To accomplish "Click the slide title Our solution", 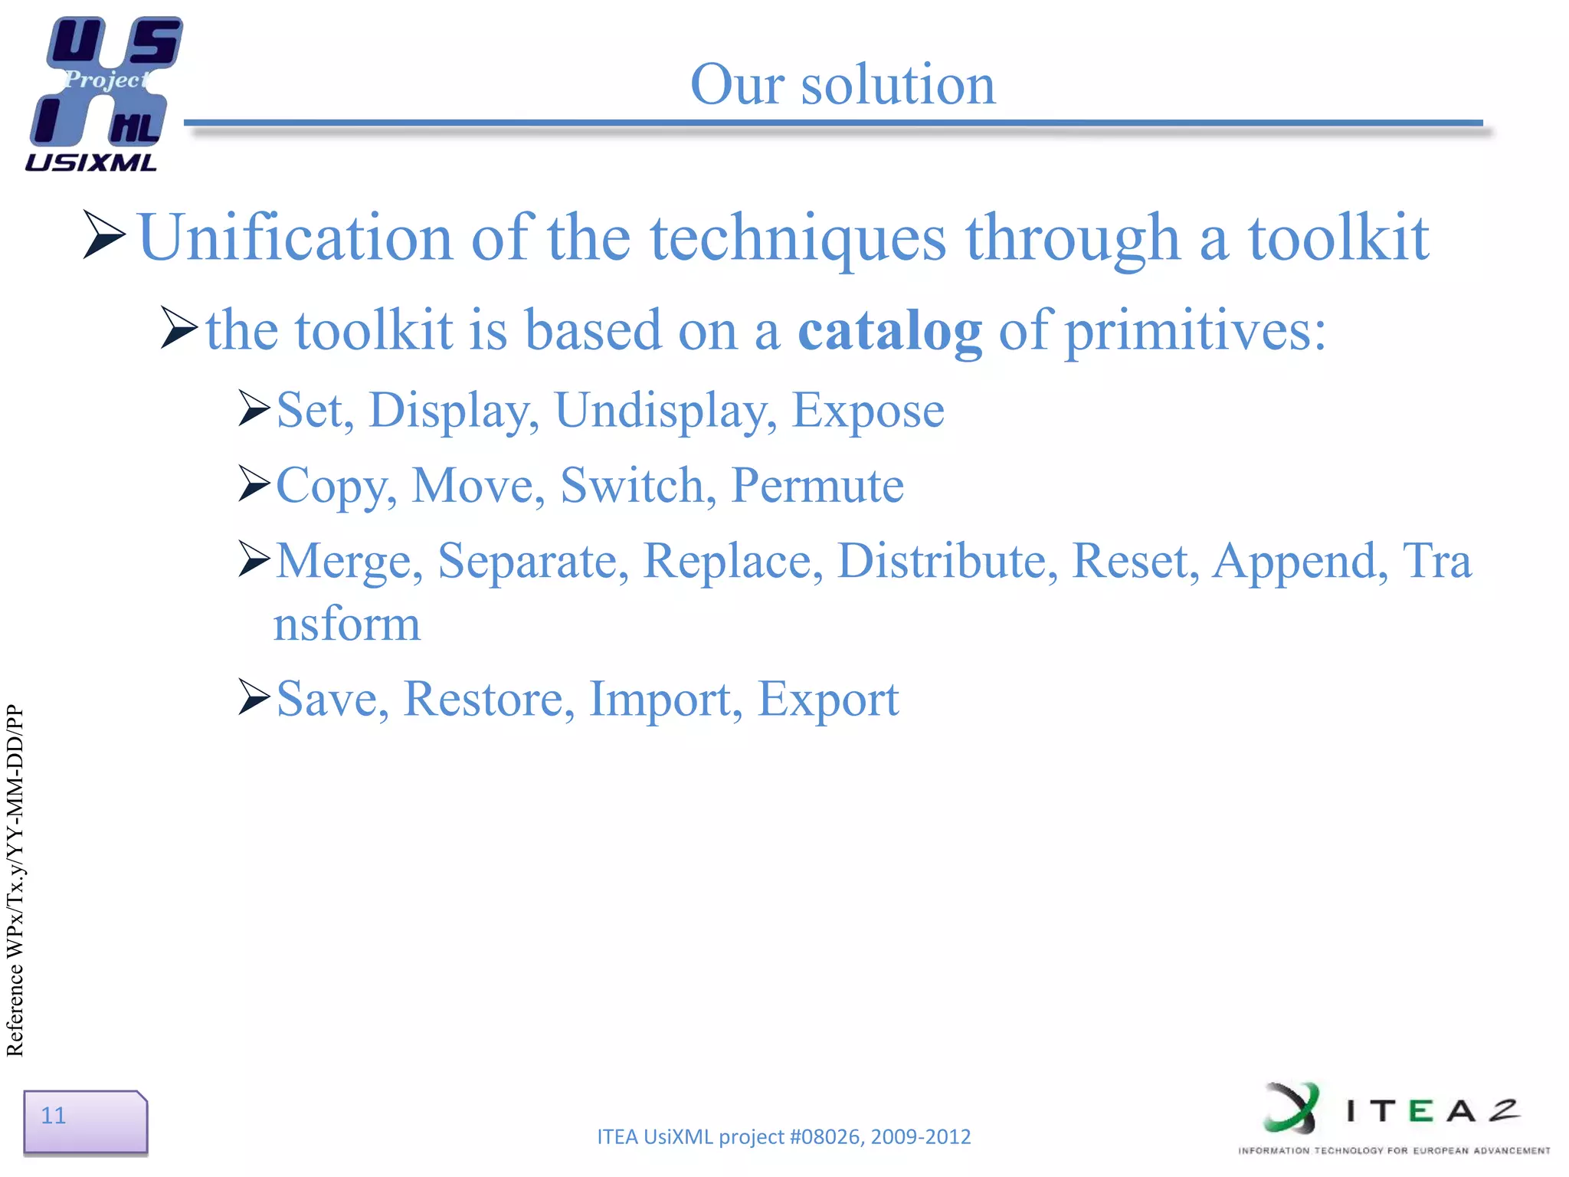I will (x=843, y=84).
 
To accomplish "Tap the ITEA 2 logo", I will (x=1393, y=1117).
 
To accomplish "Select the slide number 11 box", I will (x=85, y=1121).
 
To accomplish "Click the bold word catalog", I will (x=889, y=331).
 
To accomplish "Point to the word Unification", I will (x=294, y=238).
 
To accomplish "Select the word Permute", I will (x=817, y=486).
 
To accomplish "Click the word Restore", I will (x=488, y=699).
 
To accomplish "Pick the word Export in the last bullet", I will (x=827, y=699).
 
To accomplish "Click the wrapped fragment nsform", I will (x=347, y=624).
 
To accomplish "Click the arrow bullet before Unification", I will (x=103, y=234).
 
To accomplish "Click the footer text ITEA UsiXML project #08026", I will (x=783, y=1136).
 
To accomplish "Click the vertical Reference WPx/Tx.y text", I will (x=15, y=881).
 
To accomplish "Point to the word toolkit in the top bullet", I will (x=1338, y=238).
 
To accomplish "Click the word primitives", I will (x=1194, y=331).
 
